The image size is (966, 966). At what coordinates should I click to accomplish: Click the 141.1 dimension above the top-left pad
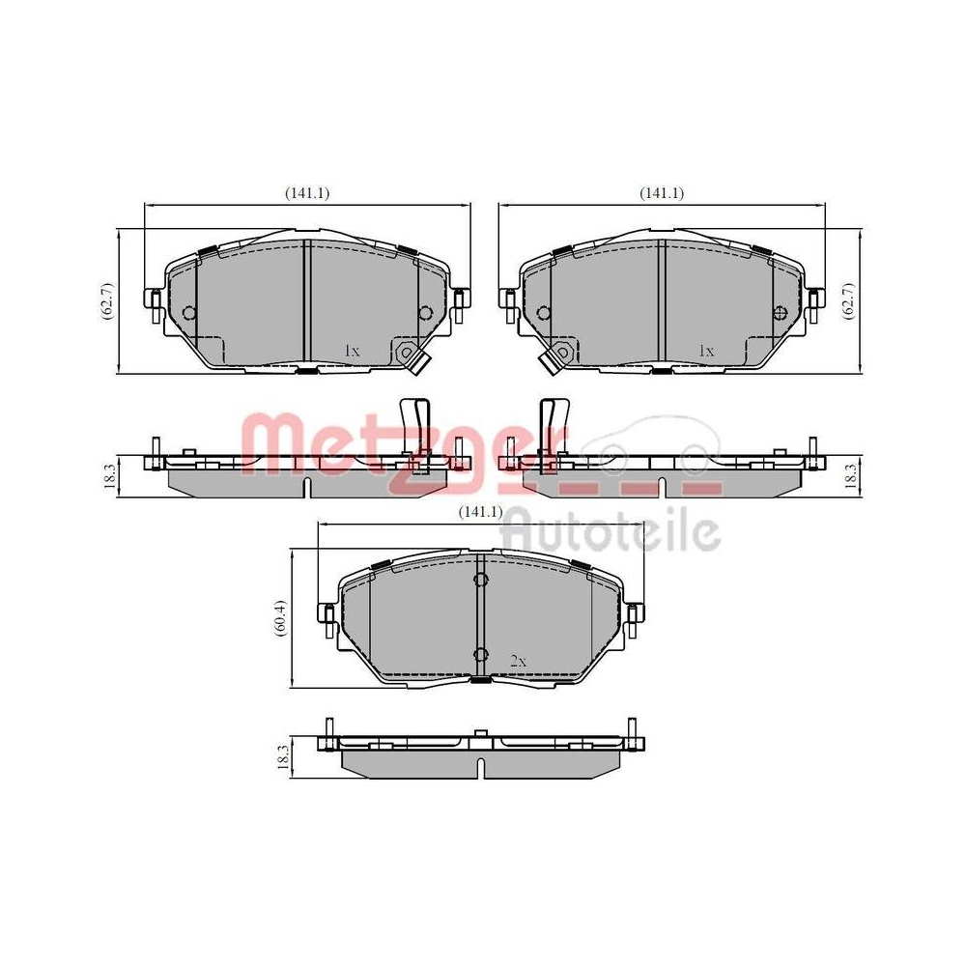(307, 193)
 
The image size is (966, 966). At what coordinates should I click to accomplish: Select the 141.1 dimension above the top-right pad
(661, 193)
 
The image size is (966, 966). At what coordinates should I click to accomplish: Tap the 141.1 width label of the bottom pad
(479, 512)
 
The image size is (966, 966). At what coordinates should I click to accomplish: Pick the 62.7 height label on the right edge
(850, 300)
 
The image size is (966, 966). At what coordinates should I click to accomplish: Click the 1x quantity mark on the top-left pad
(352, 351)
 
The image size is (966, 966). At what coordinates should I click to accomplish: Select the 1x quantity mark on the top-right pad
(706, 351)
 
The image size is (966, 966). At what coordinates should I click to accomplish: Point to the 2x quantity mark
(518, 662)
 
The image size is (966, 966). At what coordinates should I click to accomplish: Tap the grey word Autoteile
(613, 529)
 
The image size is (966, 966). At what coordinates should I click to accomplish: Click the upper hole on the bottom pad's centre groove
(480, 580)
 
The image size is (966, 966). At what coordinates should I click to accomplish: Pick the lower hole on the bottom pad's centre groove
(480, 656)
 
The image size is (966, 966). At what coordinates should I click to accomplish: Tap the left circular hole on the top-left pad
(188, 312)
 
